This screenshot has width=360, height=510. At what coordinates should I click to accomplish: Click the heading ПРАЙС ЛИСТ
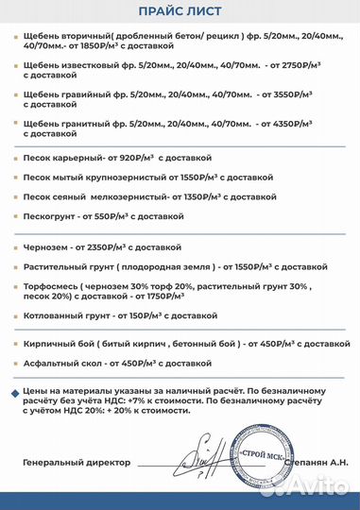[x=180, y=10]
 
